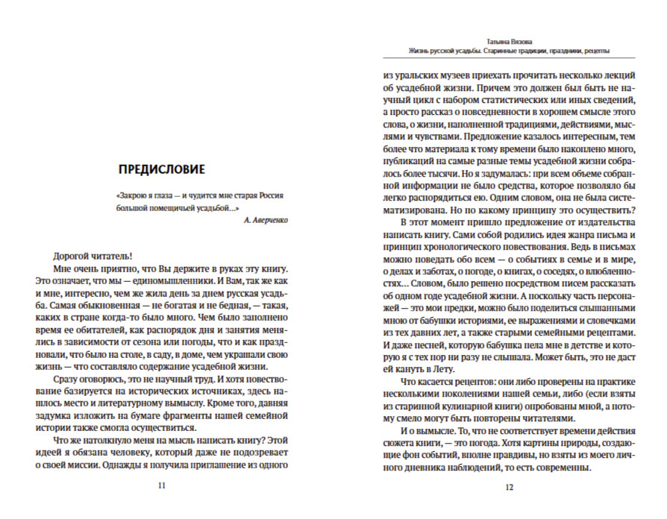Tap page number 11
[x=162, y=487]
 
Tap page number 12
[x=509, y=487]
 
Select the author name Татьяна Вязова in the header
[x=509, y=41]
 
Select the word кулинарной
[x=471, y=406]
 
